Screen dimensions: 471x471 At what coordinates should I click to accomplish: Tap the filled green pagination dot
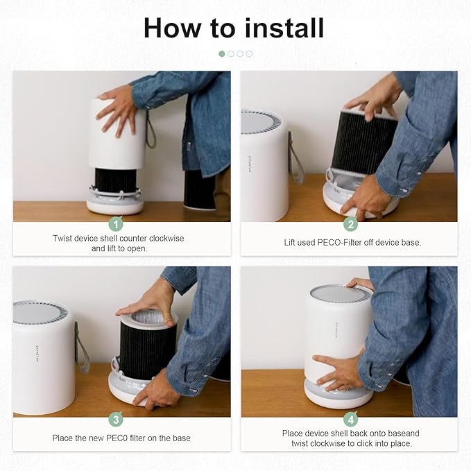click(222, 53)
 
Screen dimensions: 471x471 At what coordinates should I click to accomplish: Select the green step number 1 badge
click(117, 224)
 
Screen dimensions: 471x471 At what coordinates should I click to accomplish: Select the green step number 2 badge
click(351, 224)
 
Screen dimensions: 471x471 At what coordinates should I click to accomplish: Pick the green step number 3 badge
click(117, 420)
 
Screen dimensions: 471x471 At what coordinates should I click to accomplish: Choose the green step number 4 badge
click(351, 420)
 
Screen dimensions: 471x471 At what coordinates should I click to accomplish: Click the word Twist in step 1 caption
click(64, 238)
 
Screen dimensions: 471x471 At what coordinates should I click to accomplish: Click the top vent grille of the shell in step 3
click(41, 311)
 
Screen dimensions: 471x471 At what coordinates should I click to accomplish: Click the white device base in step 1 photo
click(114, 204)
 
